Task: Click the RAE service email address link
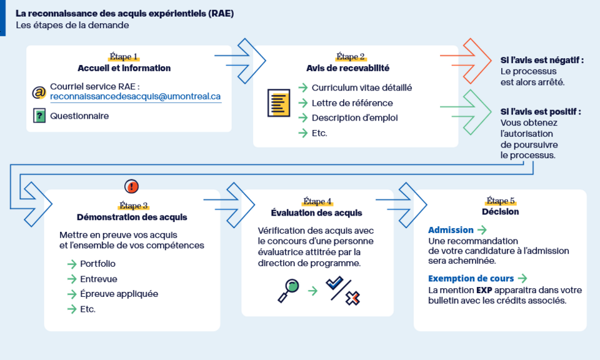136,96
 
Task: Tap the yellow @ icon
39,92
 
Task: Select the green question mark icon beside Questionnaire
39,116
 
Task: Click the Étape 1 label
124,57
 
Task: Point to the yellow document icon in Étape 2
279,103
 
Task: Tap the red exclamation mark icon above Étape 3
132,186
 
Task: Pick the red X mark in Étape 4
352,298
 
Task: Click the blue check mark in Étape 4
334,282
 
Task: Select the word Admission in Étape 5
451,230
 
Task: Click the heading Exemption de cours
471,279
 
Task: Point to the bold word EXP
484,291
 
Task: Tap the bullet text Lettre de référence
352,103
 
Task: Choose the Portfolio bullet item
97,264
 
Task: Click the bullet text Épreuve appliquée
119,294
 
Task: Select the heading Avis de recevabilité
348,68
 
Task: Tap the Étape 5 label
501,201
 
